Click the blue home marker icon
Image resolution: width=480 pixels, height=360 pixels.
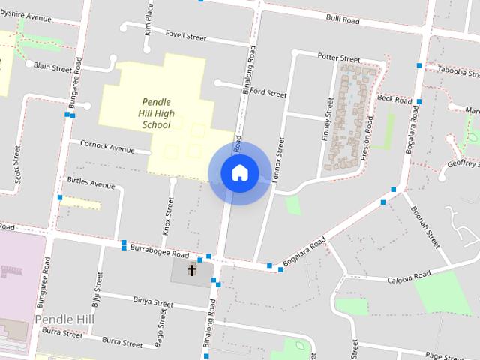click(239, 172)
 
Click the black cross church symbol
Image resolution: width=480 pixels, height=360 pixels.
click(192, 269)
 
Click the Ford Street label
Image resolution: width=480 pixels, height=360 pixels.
click(268, 94)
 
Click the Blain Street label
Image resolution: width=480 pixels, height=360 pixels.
click(53, 67)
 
